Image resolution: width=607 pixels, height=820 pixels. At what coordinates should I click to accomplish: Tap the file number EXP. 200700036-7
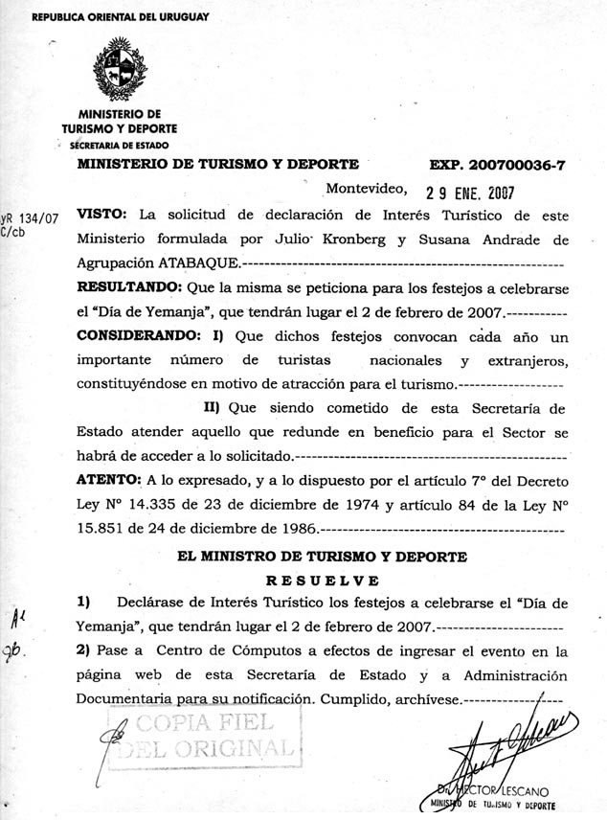coord(497,165)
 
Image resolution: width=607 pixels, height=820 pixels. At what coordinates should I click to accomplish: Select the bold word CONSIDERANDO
coord(135,337)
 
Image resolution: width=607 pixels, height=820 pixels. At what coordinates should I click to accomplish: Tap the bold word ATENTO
coord(108,478)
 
